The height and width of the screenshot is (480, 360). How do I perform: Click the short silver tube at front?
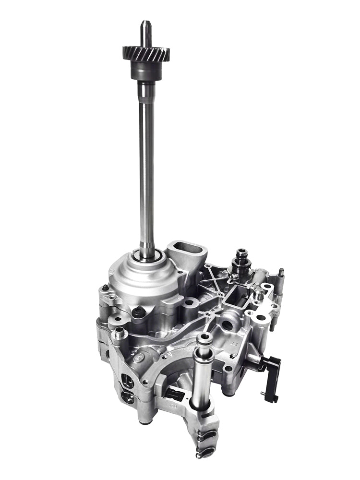(202, 358)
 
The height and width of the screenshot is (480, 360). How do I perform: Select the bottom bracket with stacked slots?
(206, 427)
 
